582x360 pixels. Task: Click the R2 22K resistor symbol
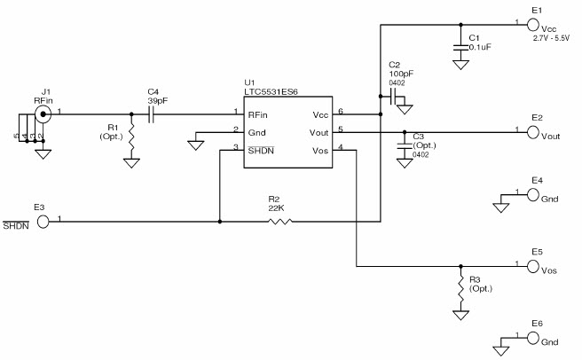click(279, 221)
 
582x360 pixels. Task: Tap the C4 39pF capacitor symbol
click(152, 114)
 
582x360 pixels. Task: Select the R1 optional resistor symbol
click(131, 137)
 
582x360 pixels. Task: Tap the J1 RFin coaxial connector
click(41, 114)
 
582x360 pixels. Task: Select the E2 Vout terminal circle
click(533, 133)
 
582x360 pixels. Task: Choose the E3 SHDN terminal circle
click(43, 221)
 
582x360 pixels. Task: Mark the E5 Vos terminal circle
click(533, 266)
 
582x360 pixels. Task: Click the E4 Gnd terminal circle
click(533, 195)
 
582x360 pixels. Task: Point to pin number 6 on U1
click(341, 112)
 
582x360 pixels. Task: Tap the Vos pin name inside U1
click(322, 150)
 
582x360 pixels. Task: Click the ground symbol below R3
click(460, 314)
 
